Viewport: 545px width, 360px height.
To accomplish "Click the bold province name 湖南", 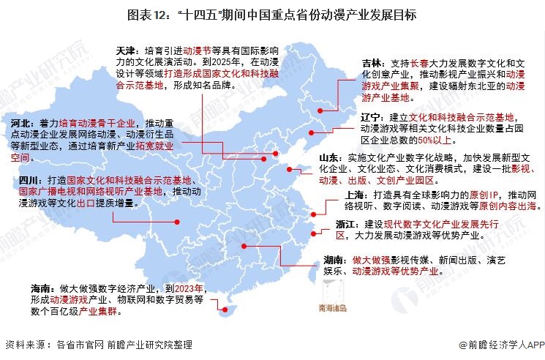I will (334, 260).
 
